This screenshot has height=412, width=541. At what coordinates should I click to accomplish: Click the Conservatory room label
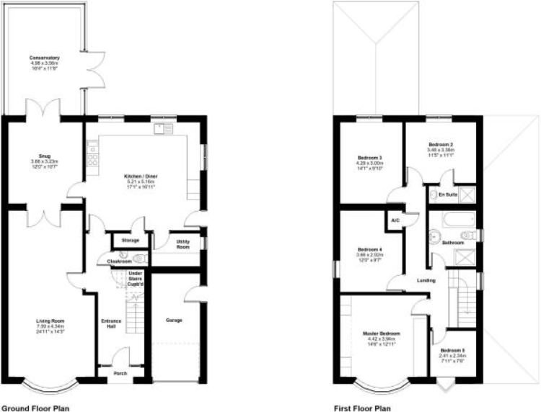44,58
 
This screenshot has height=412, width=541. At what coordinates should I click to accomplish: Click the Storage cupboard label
130,240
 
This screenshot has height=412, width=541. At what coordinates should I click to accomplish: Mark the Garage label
174,320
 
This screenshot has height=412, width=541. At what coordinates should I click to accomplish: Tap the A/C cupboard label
395,220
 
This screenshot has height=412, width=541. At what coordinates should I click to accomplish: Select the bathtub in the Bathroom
454,219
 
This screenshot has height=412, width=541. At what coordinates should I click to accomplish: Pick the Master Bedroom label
382,334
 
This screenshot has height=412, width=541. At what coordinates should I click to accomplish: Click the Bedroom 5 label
452,351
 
